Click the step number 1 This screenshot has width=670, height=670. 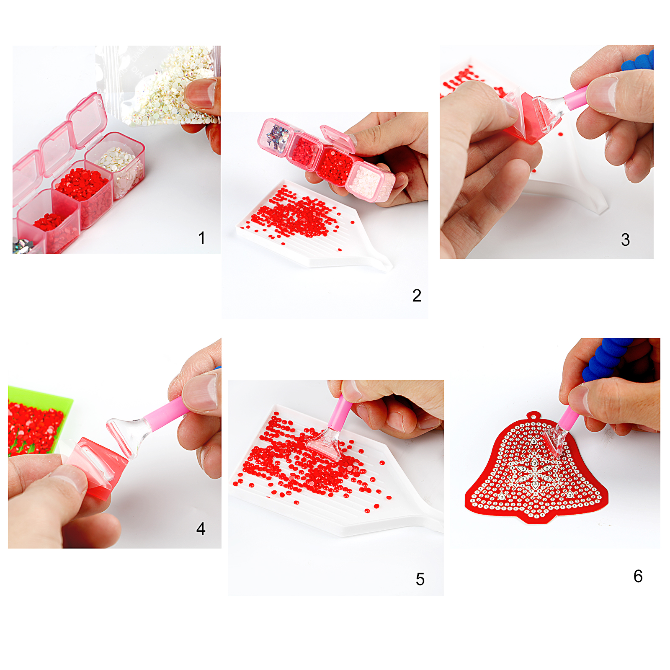[x=202, y=238]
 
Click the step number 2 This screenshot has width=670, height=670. [x=417, y=296]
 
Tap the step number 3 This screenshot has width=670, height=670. [x=625, y=240]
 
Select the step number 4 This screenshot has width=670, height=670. [x=201, y=528]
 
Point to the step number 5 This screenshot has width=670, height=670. [x=420, y=579]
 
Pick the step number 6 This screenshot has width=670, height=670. [x=638, y=576]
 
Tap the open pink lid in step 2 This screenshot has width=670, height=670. [x=338, y=139]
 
